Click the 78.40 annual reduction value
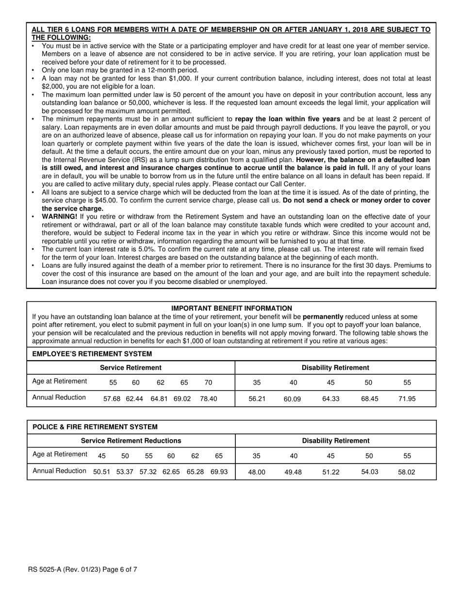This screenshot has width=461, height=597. [209, 398]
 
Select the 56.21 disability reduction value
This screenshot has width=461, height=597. [257, 398]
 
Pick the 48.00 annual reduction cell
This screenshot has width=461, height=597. [257, 472]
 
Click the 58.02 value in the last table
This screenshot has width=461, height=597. [407, 472]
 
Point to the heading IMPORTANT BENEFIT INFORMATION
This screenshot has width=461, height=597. [231, 308]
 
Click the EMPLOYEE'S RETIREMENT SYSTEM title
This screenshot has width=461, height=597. [92, 354]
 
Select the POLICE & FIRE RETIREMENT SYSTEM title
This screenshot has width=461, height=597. [95, 427]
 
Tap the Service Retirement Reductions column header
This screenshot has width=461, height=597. [131, 441]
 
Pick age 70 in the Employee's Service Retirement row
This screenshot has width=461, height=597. [208, 382]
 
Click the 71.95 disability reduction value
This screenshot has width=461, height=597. [407, 398]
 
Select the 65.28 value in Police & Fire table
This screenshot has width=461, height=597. [195, 471]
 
